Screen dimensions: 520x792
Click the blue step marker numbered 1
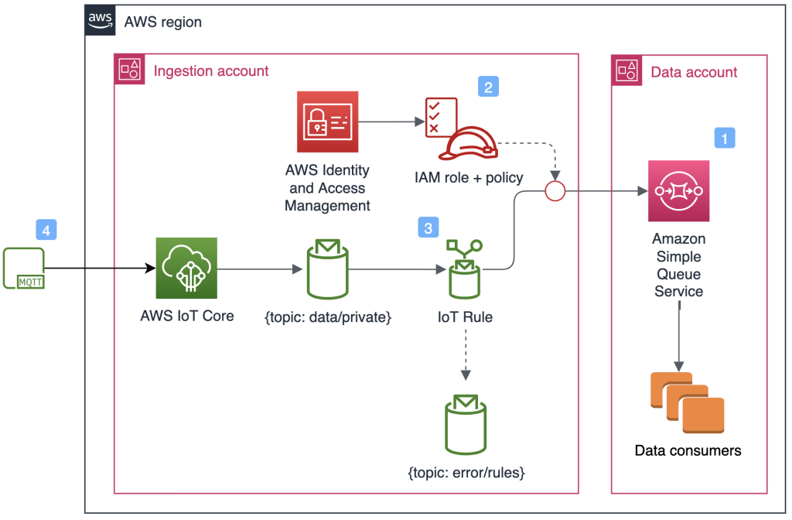[x=724, y=138]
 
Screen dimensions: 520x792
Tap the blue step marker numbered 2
[x=488, y=86]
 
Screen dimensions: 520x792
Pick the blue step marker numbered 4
[x=46, y=230]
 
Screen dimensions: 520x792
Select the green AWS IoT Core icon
[x=186, y=269]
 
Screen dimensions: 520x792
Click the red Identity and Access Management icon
[x=327, y=122]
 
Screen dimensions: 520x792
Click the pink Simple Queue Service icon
[x=678, y=191]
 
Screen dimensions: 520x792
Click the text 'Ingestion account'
[x=211, y=71]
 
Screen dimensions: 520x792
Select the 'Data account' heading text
[x=694, y=72]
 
